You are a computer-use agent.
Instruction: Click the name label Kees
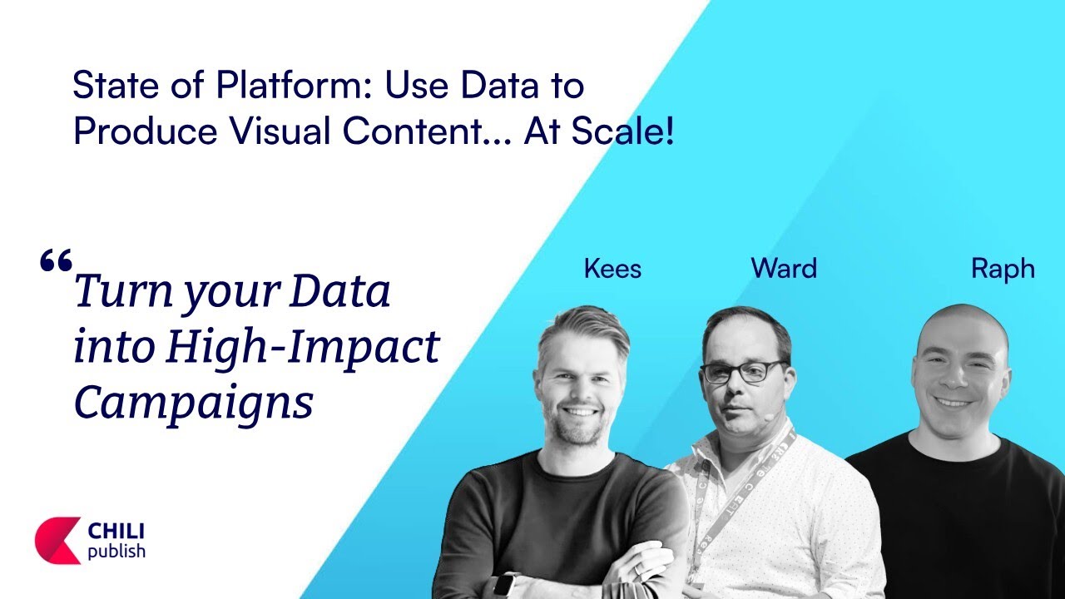612,269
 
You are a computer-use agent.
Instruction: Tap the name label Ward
784,268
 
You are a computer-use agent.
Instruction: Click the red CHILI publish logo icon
58,540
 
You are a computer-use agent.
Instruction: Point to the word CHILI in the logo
116,532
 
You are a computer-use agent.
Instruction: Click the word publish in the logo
116,552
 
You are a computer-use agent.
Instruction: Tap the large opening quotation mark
56,260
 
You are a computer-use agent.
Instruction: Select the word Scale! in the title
622,131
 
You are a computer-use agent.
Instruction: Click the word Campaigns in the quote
194,403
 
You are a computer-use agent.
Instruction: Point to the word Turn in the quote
124,291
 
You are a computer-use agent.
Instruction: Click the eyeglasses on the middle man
743,372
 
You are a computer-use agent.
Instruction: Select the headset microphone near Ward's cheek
768,417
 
